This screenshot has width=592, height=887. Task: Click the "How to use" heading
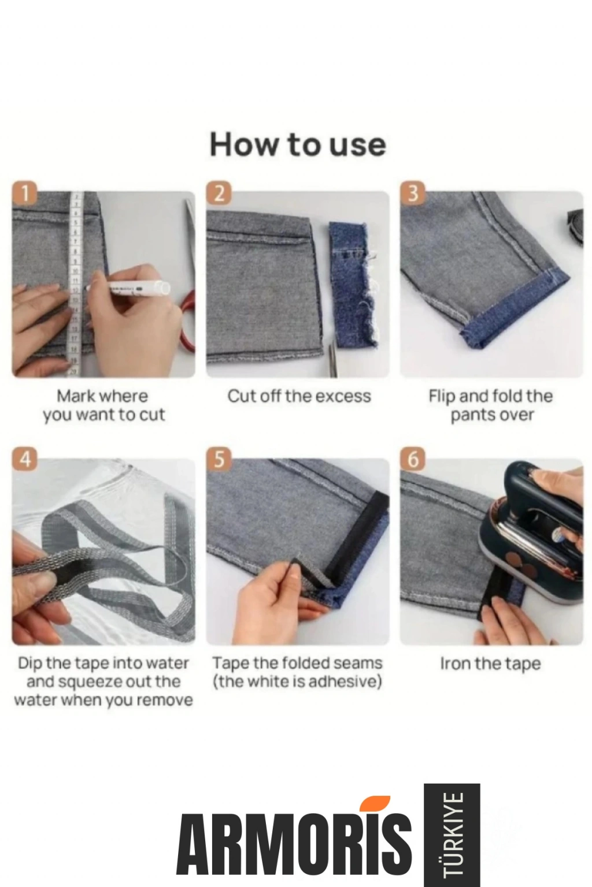click(x=297, y=144)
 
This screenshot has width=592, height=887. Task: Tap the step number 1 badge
click(x=25, y=193)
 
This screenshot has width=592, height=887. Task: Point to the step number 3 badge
click(x=413, y=193)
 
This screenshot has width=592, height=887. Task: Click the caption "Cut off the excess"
click(x=299, y=396)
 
